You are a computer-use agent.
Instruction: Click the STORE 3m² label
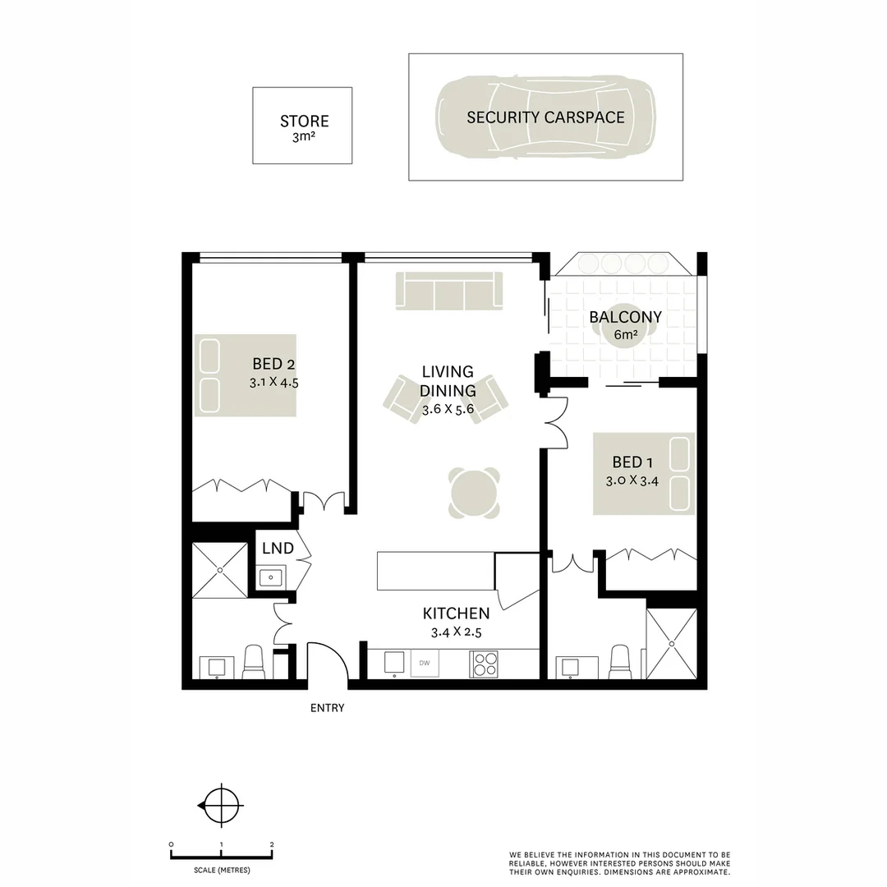[x=303, y=127]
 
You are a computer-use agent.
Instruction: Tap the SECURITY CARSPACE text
[x=545, y=117]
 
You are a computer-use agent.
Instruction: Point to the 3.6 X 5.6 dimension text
[x=448, y=409]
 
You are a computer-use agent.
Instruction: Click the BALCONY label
[x=625, y=318]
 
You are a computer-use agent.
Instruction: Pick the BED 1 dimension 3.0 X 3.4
[x=632, y=481]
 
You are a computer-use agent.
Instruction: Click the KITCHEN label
[x=456, y=614]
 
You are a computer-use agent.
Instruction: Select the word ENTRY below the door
[x=327, y=708]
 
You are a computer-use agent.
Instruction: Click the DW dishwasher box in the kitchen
[x=425, y=663]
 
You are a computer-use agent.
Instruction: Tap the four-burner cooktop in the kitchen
[x=483, y=664]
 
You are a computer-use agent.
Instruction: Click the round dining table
[x=474, y=493]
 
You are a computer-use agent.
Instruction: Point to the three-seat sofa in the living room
[x=448, y=291]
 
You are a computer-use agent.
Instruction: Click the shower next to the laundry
[x=220, y=570]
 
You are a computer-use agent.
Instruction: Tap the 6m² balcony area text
[x=625, y=335]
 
